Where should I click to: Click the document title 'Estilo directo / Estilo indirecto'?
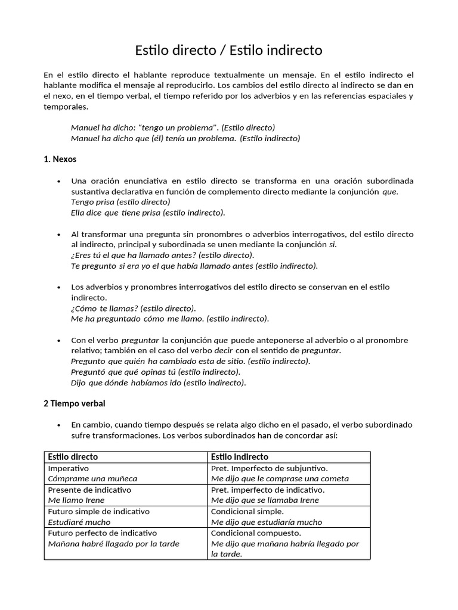click(x=228, y=50)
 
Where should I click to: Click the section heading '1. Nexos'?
click(x=60, y=160)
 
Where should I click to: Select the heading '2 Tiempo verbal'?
click(x=74, y=403)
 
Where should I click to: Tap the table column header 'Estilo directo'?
click(x=73, y=457)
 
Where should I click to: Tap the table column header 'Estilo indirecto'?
click(x=240, y=457)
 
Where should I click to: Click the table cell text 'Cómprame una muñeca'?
click(x=92, y=478)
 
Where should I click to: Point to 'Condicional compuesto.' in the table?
click(x=256, y=533)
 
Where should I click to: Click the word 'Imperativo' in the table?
click(x=69, y=468)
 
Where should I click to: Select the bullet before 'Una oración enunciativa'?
click(x=58, y=181)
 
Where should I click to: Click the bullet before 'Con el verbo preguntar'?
click(x=58, y=341)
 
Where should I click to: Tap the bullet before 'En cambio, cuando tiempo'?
click(x=58, y=425)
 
